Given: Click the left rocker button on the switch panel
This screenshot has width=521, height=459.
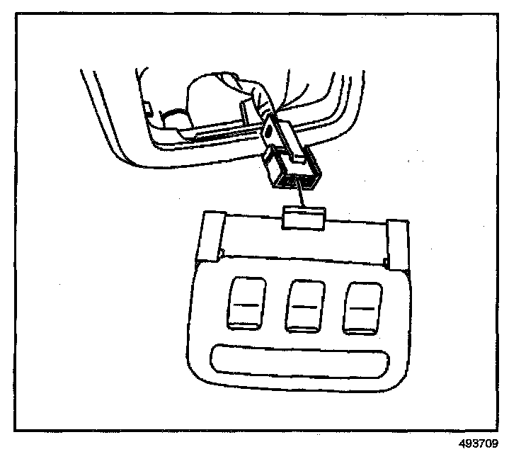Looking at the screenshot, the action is (245, 305).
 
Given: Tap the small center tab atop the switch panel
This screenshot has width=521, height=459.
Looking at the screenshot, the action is (304, 217).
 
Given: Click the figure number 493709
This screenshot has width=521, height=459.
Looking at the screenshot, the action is (479, 446).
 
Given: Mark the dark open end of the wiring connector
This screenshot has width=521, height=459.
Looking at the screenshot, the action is (292, 181).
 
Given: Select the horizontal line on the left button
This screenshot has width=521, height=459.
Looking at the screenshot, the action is (245, 305).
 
